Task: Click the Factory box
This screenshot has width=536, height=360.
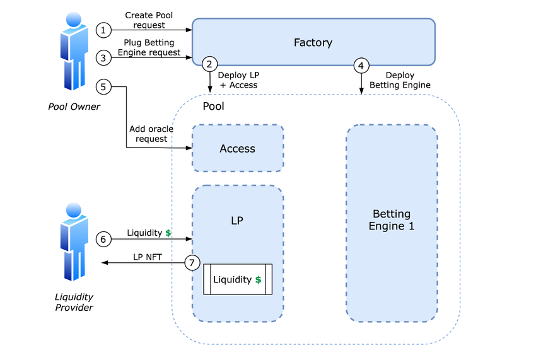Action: click(313, 42)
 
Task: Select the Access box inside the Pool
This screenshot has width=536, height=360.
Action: click(238, 149)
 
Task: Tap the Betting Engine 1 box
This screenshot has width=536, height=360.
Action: click(392, 222)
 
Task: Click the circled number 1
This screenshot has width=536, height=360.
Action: click(103, 30)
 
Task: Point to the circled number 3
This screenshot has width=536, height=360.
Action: click(103, 57)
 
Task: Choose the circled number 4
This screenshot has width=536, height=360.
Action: click(361, 65)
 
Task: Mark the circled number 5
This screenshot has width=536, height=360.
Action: click(103, 86)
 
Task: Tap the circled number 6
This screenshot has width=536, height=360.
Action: click(103, 239)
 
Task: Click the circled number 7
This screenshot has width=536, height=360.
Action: click(192, 262)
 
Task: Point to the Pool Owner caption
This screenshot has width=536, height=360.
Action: click(74, 107)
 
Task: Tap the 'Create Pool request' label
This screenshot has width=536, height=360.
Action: click(149, 20)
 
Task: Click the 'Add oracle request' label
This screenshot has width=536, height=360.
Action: click(151, 134)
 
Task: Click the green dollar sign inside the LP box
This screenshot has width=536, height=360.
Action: click(259, 280)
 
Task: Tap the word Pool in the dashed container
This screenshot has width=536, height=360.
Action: click(213, 107)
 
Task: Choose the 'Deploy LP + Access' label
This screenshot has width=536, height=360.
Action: click(238, 80)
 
